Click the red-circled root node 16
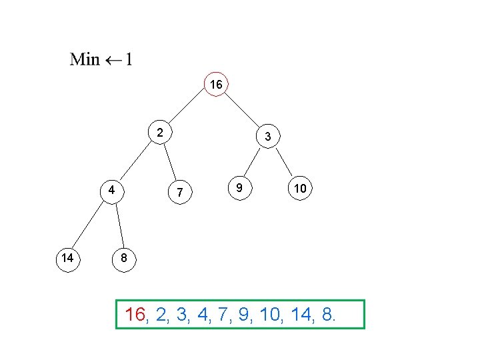[x=216, y=85]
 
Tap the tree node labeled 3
[x=267, y=137]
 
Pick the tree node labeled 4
[x=113, y=189]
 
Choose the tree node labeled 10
[x=300, y=189]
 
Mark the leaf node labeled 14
[x=67, y=257]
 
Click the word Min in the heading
[x=85, y=59]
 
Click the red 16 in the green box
[x=135, y=315]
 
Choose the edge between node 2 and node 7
[x=170, y=163]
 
